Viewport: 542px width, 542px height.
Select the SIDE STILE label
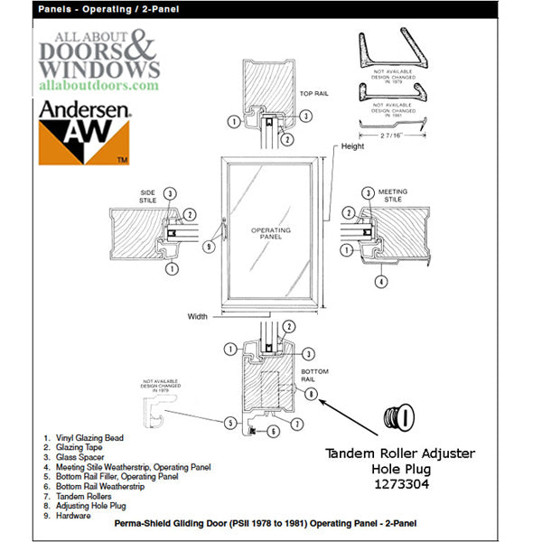[148, 196]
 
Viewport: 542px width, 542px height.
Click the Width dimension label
[198, 316]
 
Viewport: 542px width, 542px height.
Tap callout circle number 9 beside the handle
[209, 244]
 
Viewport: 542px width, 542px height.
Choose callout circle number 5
[230, 422]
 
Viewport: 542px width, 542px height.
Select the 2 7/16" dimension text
[394, 133]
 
